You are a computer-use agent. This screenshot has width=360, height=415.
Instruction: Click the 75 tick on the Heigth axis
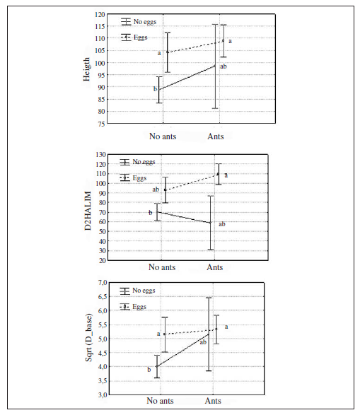click(101, 124)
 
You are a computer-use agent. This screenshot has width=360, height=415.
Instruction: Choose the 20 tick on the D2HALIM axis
click(101, 260)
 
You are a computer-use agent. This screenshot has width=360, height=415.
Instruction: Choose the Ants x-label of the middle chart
click(214, 268)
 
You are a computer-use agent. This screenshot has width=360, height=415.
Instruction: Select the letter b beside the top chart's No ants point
click(155, 89)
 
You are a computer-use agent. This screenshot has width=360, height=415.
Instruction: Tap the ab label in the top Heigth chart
click(223, 66)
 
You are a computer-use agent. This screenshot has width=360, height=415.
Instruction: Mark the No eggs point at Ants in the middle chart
click(211, 223)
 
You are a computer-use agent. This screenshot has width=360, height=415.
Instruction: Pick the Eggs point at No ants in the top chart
click(167, 52)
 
